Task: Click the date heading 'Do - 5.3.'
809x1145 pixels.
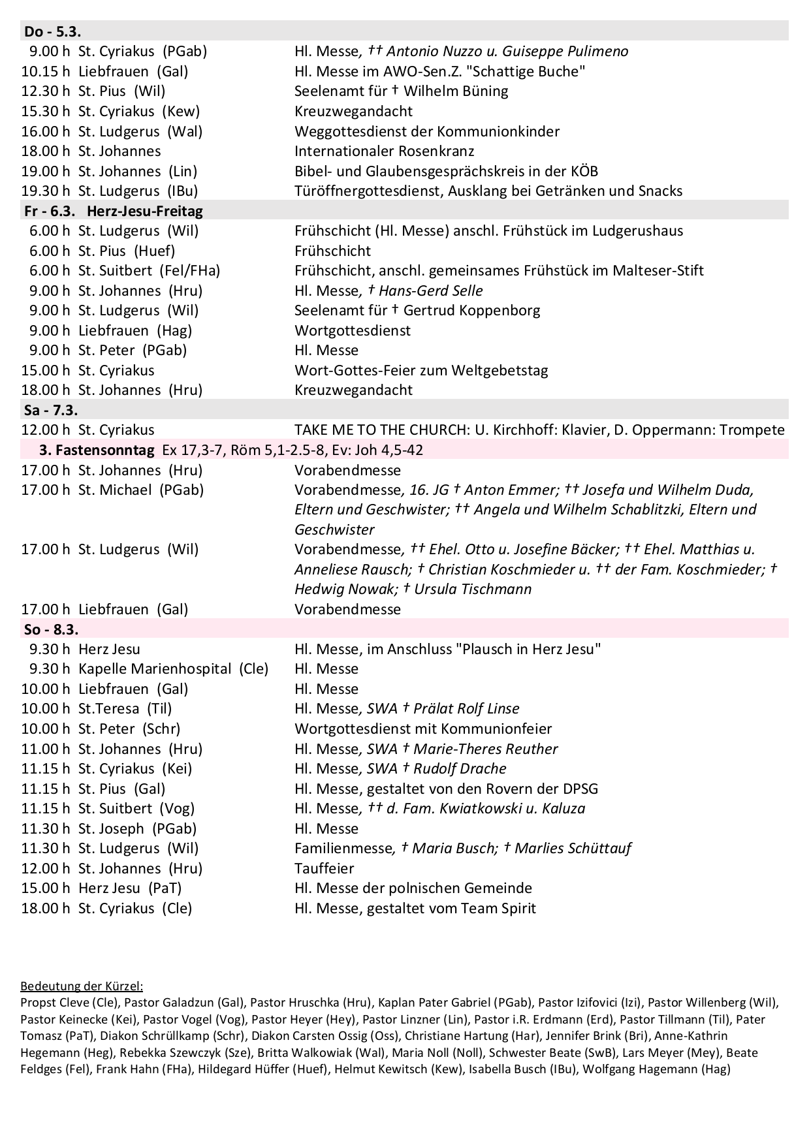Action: click(x=52, y=31)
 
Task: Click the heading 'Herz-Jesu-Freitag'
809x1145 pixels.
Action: click(x=144, y=211)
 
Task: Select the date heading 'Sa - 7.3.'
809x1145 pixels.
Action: click(x=51, y=410)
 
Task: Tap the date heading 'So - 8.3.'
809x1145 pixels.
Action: click(x=51, y=629)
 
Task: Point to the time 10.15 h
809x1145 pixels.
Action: click(x=45, y=71)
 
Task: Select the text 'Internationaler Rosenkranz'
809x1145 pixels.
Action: click(x=384, y=151)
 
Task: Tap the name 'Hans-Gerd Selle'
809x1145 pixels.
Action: click(x=431, y=290)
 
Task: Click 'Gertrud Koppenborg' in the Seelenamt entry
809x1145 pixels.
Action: click(x=471, y=310)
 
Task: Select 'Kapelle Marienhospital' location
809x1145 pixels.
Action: click(x=155, y=668)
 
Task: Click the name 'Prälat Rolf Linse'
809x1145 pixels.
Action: click(x=466, y=708)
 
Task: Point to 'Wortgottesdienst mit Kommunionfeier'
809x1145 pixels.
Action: click(x=423, y=729)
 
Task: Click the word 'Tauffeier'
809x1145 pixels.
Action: click(x=325, y=868)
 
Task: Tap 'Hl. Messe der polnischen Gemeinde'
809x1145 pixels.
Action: click(x=413, y=888)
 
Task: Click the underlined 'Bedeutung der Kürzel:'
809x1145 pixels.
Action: click(x=82, y=986)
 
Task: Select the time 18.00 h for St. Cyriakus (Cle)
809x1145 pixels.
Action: click(x=45, y=908)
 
